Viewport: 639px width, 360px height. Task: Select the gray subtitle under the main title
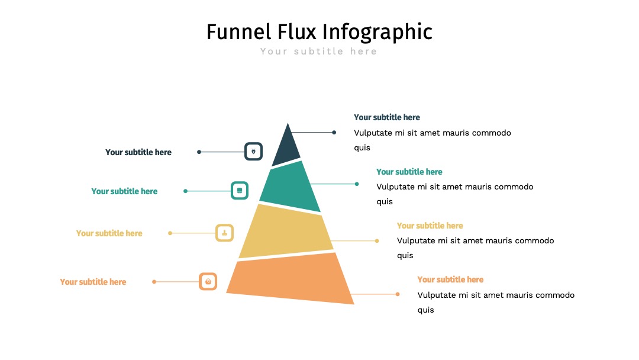tap(319, 52)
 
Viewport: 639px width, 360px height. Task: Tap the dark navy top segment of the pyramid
tap(286, 147)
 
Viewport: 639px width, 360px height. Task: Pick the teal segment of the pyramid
tap(290, 187)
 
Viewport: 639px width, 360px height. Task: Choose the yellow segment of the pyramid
tap(286, 231)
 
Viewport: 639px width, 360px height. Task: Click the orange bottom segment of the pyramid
tap(290, 278)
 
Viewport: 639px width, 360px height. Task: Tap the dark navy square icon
tap(253, 151)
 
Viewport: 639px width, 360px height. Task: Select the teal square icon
tap(240, 191)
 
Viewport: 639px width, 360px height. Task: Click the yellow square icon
tap(225, 233)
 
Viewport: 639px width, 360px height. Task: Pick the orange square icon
tap(208, 281)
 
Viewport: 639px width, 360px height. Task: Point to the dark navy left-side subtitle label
tap(138, 152)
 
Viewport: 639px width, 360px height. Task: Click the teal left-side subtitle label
tap(124, 191)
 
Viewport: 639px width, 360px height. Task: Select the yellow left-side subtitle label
tap(109, 233)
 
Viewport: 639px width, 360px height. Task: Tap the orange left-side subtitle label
tap(93, 282)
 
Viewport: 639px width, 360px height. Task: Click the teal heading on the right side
tap(409, 172)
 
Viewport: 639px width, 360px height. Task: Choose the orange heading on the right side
tap(450, 279)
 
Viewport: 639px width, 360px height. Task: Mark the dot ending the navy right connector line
tap(334, 132)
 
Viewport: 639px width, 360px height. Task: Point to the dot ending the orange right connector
tap(398, 294)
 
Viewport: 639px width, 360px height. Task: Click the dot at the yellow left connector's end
tap(170, 233)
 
